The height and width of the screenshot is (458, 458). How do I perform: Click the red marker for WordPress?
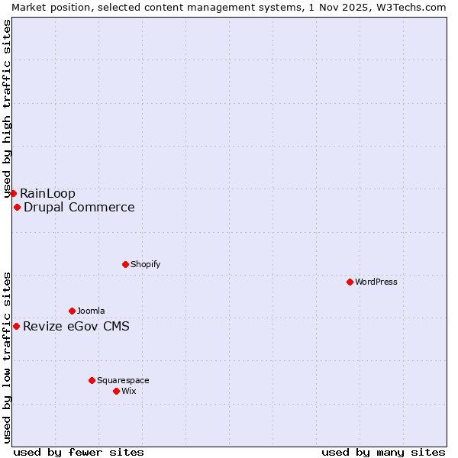[x=350, y=282]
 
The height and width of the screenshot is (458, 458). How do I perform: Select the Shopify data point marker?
[x=125, y=264]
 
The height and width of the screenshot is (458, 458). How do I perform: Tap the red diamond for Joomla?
[x=72, y=311]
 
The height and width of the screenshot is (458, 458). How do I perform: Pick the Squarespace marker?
[x=92, y=380]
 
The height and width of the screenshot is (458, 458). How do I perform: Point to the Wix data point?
[x=116, y=391]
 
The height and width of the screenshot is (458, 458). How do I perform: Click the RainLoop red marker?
[x=13, y=193]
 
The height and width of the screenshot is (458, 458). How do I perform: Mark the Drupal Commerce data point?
[x=17, y=207]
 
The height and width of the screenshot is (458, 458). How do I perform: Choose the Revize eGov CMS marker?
[x=16, y=326]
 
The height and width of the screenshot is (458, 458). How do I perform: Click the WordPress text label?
[x=376, y=282]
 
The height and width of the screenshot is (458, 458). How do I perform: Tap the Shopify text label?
[x=145, y=264]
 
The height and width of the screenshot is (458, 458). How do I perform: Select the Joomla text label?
[x=91, y=311]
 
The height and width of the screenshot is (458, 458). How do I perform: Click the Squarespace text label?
[x=123, y=380]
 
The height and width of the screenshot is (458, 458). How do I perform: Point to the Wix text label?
[x=128, y=391]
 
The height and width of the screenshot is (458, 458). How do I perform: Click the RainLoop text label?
[x=47, y=193]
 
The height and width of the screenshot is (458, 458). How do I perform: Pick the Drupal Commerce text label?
[x=79, y=207]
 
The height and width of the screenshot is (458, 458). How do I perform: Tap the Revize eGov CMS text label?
[x=76, y=327]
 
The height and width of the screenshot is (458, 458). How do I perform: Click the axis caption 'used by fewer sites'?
[x=79, y=452]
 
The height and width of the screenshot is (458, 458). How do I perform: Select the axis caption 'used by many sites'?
[x=383, y=452]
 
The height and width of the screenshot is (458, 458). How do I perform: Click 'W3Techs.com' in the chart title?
[x=410, y=7]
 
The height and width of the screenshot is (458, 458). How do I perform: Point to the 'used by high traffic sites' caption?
[x=7, y=109]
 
